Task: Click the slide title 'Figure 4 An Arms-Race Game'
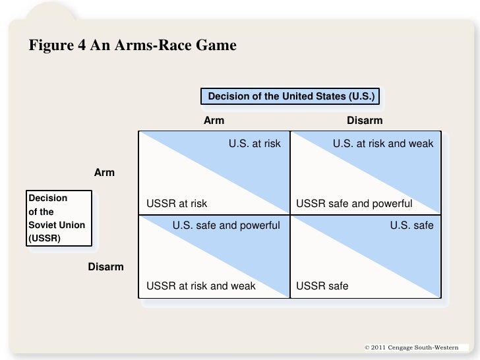133,46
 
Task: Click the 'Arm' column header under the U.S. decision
214,121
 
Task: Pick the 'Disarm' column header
365,121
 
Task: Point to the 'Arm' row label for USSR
104,173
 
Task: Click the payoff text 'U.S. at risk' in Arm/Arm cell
255,142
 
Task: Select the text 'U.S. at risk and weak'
383,142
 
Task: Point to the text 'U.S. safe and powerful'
226,225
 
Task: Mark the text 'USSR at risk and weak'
200,286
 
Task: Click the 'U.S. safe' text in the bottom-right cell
412,225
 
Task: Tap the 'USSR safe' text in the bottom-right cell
322,286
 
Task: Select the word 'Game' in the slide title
215,46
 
